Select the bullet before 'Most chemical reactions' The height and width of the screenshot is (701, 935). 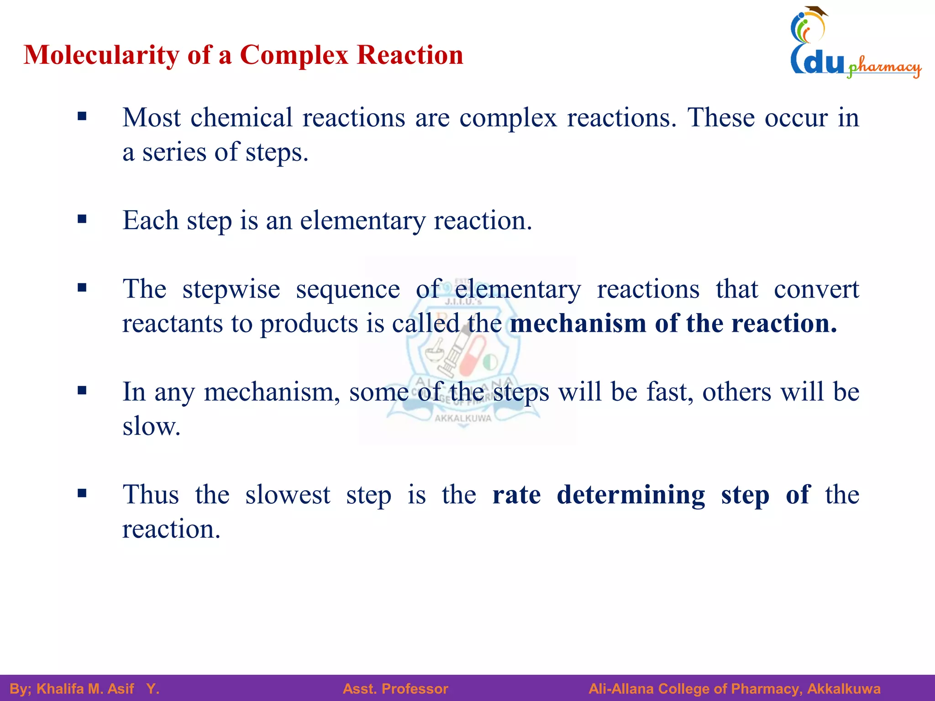tap(82, 116)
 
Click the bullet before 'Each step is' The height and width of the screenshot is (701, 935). tap(82, 220)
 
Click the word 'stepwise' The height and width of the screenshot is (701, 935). tap(231, 289)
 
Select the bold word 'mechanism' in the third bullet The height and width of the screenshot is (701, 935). tap(578, 324)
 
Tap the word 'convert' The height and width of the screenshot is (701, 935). tap(816, 289)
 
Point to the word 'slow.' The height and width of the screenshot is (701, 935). tap(151, 427)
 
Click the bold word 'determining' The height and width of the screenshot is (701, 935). tap(630, 495)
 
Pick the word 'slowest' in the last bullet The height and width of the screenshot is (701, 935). tap(288, 495)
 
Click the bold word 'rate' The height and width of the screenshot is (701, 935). tap(516, 495)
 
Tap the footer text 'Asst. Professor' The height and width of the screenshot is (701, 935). tap(395, 689)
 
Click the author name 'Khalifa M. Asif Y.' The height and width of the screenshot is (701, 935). tap(98, 689)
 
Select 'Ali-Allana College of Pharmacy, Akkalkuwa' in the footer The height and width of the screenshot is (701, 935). tap(734, 689)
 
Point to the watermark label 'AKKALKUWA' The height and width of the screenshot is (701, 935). tap(462, 418)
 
